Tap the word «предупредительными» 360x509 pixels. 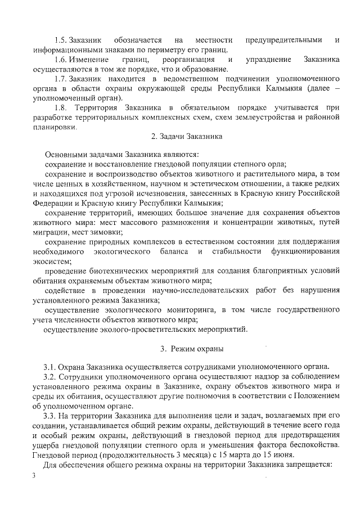284,40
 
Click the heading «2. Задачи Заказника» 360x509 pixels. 188,137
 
